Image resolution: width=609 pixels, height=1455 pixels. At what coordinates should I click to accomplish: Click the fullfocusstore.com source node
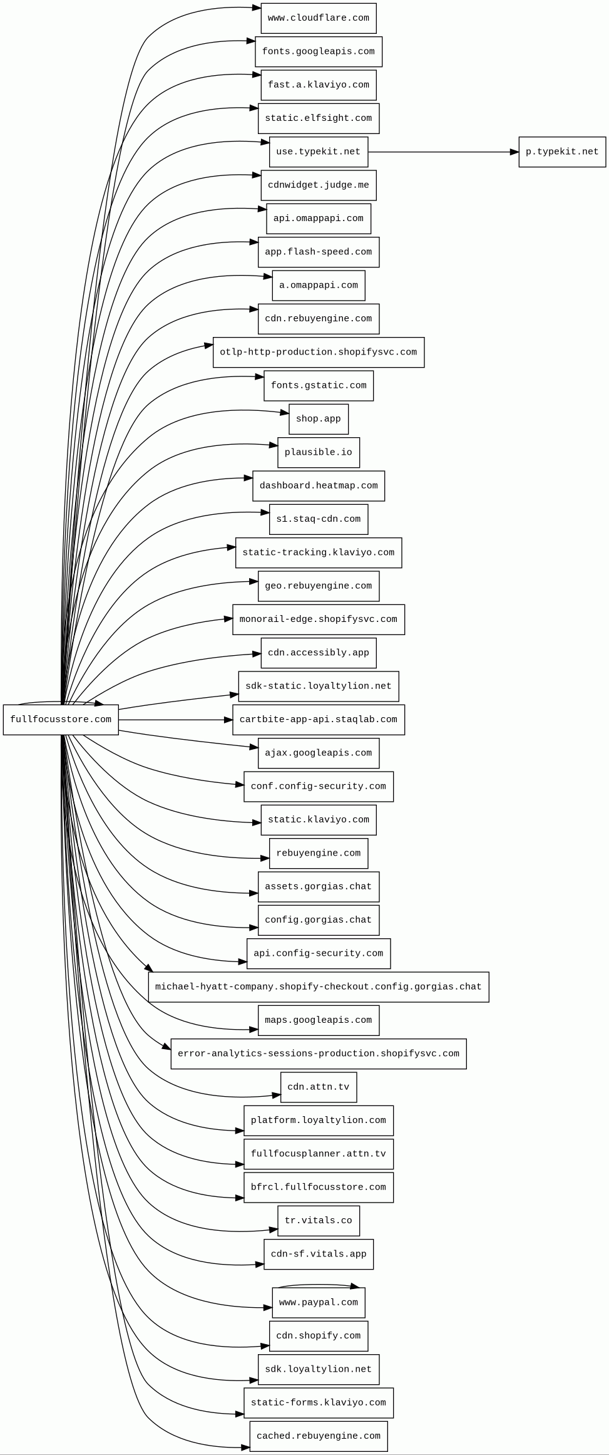[x=61, y=719]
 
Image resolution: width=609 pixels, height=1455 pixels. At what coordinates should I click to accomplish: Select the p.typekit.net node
[x=561, y=152]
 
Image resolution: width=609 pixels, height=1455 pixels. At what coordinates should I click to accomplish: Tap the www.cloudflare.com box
[x=318, y=18]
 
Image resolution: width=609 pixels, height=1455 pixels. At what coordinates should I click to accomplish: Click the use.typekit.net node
[x=318, y=152]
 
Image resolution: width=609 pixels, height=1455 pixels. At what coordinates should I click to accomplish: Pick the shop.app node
[x=318, y=419]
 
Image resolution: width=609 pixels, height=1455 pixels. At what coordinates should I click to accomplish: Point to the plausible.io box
[x=318, y=452]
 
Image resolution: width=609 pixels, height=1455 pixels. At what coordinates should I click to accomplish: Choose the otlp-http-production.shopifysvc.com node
[x=318, y=352]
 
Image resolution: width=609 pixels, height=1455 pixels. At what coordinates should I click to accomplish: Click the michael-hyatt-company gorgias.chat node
[x=318, y=986]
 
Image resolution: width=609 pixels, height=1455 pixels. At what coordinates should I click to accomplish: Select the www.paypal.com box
[x=318, y=1302]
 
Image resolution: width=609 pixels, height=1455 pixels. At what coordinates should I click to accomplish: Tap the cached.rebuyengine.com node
[x=318, y=1436]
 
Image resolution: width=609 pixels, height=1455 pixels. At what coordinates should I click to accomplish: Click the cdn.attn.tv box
[x=318, y=1087]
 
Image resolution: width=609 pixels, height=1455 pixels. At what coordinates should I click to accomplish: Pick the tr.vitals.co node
[x=318, y=1220]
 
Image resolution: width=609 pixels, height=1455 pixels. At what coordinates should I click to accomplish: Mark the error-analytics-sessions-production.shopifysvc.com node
[x=318, y=1054]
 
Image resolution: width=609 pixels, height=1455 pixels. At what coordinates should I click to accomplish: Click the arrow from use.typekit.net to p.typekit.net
[x=443, y=152]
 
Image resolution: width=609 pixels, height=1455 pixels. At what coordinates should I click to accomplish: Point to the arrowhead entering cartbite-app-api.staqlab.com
[x=228, y=720]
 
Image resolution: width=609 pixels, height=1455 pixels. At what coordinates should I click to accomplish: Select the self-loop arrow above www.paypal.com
[x=318, y=1284]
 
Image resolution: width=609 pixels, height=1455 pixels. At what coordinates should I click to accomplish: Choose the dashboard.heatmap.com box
[x=318, y=485]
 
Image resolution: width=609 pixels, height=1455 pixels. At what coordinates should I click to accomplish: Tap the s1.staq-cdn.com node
[x=318, y=519]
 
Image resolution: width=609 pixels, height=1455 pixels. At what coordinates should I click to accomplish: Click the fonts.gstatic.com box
[x=318, y=385]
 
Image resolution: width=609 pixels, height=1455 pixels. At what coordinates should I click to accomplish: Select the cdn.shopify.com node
[x=318, y=1335]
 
